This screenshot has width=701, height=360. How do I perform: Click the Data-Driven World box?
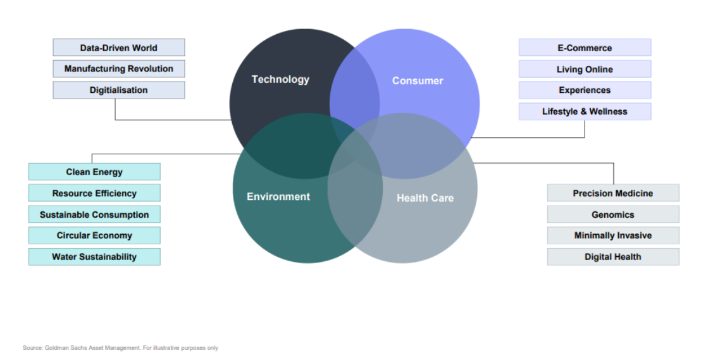pyautogui.click(x=118, y=47)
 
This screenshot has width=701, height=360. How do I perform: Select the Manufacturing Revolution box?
pyautogui.click(x=118, y=69)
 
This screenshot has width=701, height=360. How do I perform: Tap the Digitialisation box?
pyautogui.click(x=118, y=90)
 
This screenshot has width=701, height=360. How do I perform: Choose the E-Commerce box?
pyautogui.click(x=585, y=47)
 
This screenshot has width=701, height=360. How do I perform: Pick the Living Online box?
pyautogui.click(x=585, y=69)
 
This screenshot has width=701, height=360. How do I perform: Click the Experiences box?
pyautogui.click(x=585, y=90)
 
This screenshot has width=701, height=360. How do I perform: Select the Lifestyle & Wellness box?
pyautogui.click(x=585, y=111)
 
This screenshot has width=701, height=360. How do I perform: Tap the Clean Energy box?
pyautogui.click(x=94, y=171)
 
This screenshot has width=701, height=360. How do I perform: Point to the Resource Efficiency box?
pyautogui.click(x=94, y=193)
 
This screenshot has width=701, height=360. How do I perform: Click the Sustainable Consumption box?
pyautogui.click(x=94, y=214)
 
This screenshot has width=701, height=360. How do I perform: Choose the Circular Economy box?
pyautogui.click(x=94, y=235)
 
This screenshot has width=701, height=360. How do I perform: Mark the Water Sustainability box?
pyautogui.click(x=94, y=257)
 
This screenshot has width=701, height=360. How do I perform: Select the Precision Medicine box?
pyautogui.click(x=613, y=193)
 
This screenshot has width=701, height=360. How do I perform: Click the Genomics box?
pyautogui.click(x=613, y=214)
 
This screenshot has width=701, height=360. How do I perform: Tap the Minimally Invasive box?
pyautogui.click(x=613, y=235)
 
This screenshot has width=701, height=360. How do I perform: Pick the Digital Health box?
pyautogui.click(x=613, y=257)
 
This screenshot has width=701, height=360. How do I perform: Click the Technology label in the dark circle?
pyautogui.click(x=280, y=80)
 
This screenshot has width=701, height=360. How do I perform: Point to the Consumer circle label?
pyautogui.click(x=418, y=81)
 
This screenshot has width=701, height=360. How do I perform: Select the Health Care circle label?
pyautogui.click(x=425, y=198)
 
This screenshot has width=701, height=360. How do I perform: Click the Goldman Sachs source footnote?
pyautogui.click(x=121, y=348)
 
